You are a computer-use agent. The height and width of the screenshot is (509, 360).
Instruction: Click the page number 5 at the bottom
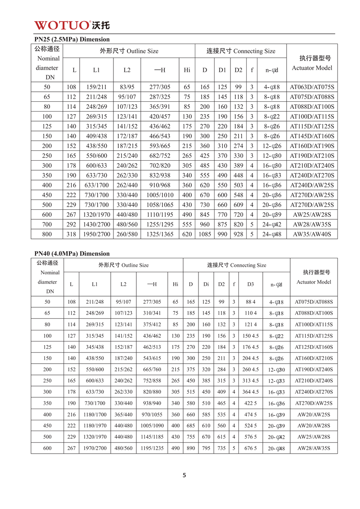click(x=184, y=475)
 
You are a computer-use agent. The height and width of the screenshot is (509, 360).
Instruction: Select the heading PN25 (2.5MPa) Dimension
click(x=72, y=40)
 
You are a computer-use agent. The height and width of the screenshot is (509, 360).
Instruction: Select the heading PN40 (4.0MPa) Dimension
click(x=72, y=254)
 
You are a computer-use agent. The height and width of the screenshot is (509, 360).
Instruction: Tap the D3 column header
click(x=250, y=284)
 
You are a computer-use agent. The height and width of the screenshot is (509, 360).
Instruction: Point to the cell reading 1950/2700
click(x=96, y=234)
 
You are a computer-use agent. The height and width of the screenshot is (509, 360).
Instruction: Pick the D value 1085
click(x=205, y=234)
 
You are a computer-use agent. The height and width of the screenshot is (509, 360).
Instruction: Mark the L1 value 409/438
click(x=96, y=136)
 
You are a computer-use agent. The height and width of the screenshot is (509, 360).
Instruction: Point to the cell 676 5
click(x=250, y=448)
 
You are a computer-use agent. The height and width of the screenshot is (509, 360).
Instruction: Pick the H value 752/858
click(x=152, y=381)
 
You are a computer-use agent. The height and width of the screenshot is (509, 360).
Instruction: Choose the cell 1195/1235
click(x=152, y=448)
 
